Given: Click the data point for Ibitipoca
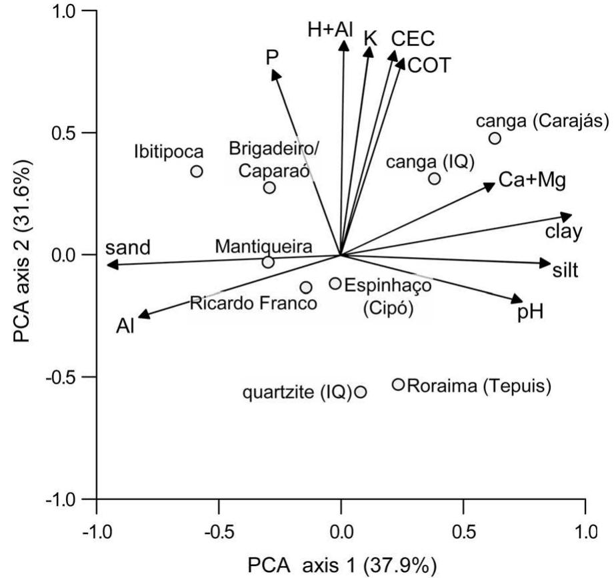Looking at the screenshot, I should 197,171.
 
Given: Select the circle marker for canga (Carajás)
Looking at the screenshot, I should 495,138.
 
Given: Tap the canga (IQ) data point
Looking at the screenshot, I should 435,178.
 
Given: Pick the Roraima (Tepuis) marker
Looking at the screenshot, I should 399,384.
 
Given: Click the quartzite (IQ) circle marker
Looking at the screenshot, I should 361,392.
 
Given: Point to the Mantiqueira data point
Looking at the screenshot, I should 268,262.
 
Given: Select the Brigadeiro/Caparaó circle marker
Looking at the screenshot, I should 269,188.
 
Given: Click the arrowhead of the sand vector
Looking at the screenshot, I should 111,265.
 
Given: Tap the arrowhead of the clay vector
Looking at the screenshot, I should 568,216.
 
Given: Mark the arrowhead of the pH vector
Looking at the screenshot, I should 518,299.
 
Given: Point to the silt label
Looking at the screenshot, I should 565,271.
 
